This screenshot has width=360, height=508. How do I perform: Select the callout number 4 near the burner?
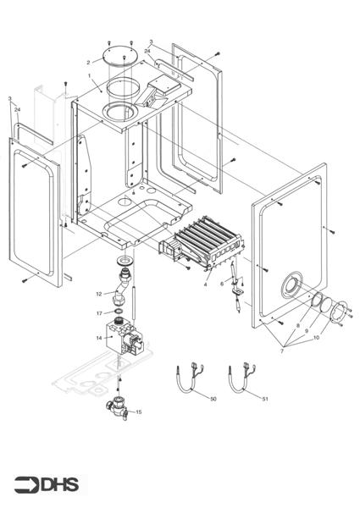[204, 284]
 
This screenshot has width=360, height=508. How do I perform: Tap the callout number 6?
[223, 284]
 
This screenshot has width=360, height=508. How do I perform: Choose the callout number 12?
[98, 293]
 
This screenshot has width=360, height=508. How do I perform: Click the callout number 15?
[139, 411]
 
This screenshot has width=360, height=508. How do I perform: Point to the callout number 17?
[98, 313]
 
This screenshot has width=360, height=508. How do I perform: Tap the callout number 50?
[213, 398]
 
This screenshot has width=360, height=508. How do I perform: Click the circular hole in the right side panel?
[293, 284]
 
